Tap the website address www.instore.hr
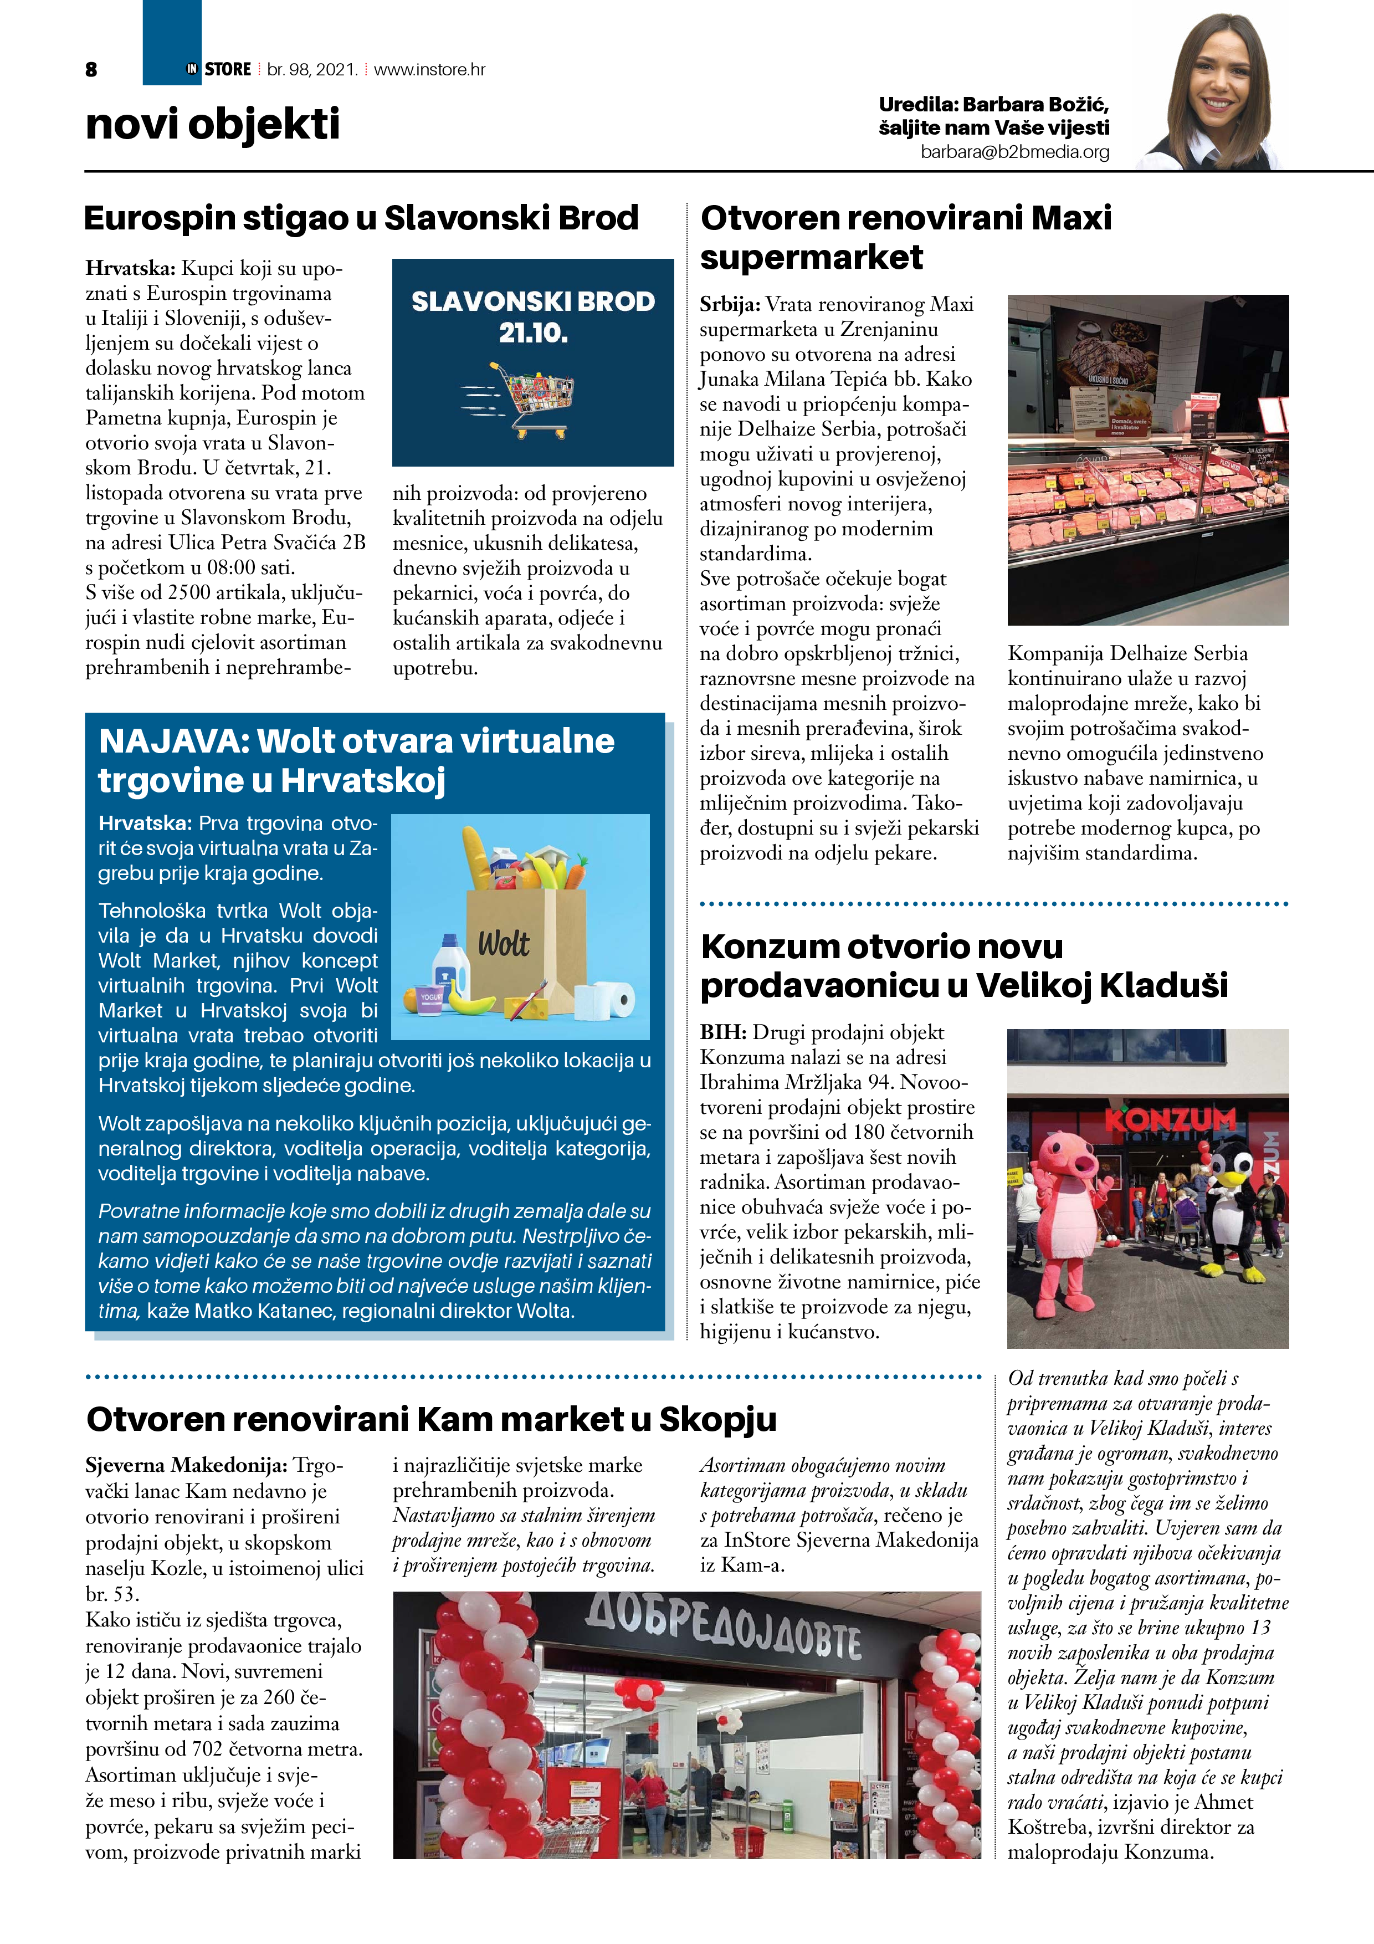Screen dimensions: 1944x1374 (x=429, y=69)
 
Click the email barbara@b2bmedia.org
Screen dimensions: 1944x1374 (x=1014, y=152)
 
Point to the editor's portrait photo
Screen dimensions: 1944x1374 (x=1217, y=93)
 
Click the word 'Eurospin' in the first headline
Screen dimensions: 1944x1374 (x=159, y=218)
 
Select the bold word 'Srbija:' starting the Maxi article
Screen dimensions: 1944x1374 (x=730, y=305)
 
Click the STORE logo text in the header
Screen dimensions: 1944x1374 (x=228, y=69)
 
